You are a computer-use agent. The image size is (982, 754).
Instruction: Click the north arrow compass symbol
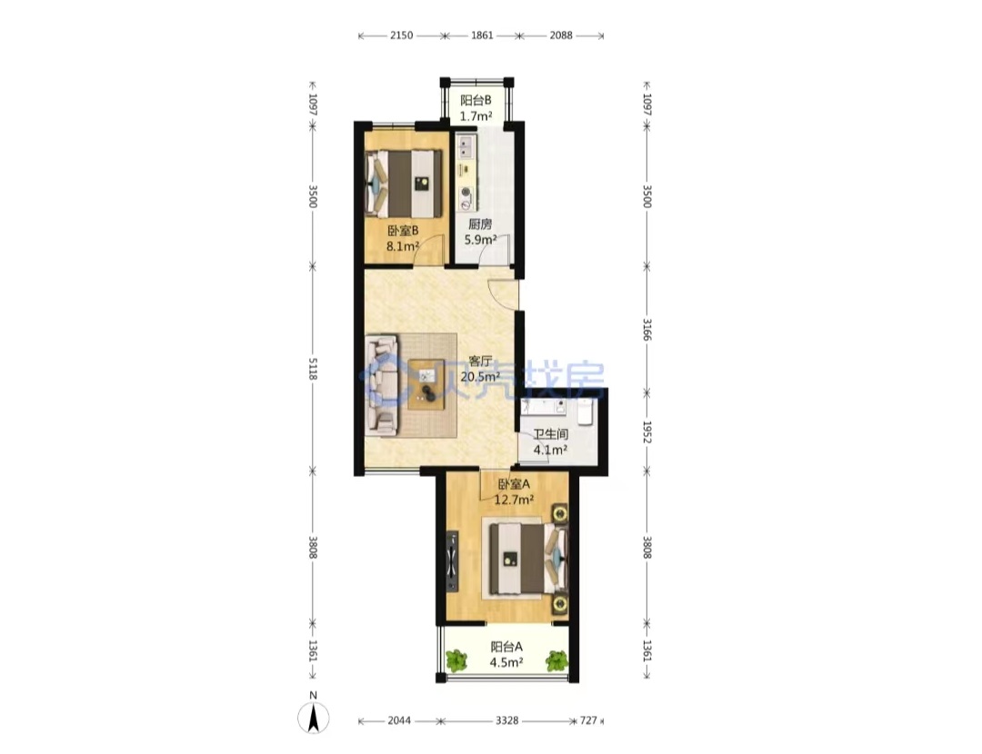(x=313, y=718)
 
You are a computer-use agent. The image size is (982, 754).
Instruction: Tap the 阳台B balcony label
(x=476, y=100)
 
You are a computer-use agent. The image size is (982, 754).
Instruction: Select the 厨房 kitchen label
(x=480, y=223)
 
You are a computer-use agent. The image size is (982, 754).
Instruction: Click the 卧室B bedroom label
(x=403, y=230)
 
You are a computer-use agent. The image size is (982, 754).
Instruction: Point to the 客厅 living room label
(x=480, y=361)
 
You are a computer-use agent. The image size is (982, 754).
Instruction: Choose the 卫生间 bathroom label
(x=550, y=433)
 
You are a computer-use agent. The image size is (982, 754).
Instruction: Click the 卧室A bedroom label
(x=514, y=483)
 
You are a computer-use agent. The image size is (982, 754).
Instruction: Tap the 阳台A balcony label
(x=506, y=647)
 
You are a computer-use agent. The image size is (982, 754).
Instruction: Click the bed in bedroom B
(x=404, y=182)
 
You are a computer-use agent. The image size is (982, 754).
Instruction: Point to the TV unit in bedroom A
(x=452, y=561)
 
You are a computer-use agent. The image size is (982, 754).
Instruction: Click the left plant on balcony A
(x=456, y=660)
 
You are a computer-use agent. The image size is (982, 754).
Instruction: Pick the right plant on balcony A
(x=556, y=660)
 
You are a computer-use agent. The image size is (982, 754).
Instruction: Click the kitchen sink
(x=466, y=147)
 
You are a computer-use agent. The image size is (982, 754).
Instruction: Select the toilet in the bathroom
(x=585, y=412)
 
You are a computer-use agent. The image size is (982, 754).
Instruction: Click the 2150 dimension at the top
(x=402, y=35)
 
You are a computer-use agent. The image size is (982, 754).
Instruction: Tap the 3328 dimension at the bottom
(x=506, y=720)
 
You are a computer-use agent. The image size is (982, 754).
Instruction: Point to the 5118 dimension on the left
(x=313, y=369)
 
